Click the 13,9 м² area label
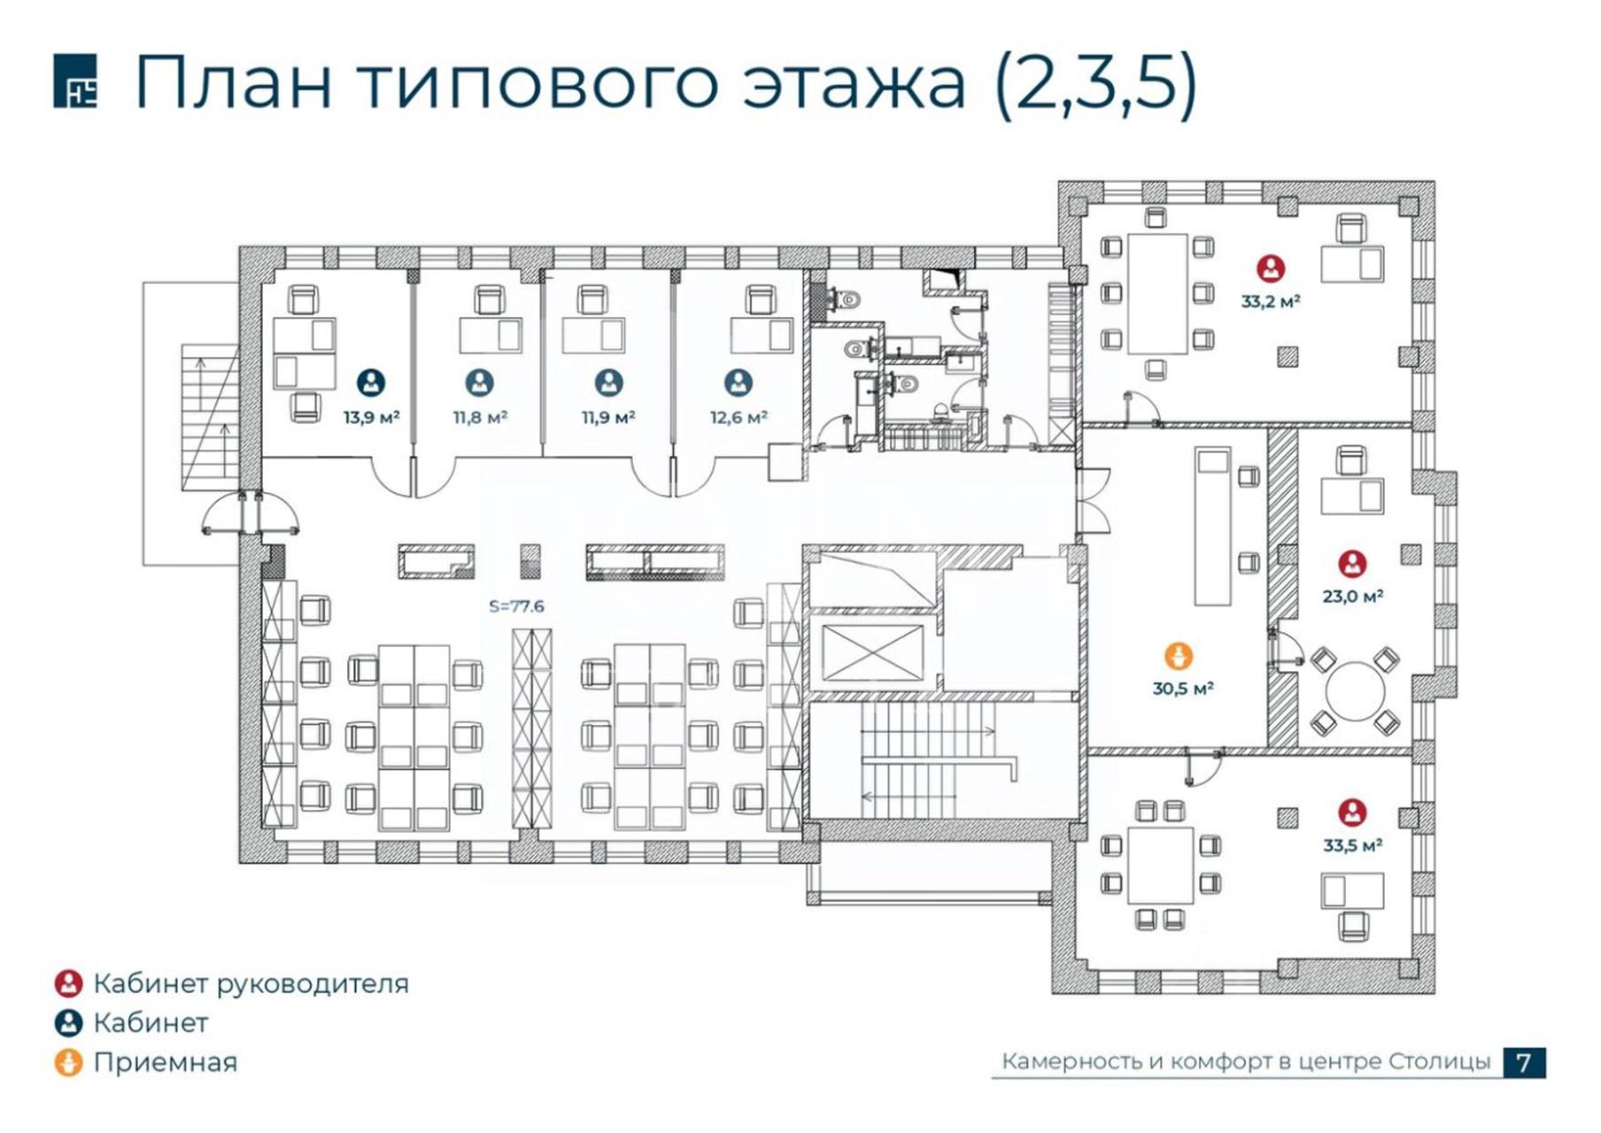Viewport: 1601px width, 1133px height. (372, 417)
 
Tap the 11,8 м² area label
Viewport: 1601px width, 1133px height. (480, 417)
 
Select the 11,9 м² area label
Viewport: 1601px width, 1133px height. (608, 417)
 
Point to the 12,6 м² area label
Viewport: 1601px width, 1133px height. (739, 417)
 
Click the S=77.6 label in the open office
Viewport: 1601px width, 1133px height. (516, 606)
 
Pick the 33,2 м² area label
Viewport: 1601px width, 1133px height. (1271, 301)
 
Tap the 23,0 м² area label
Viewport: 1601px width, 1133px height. (1353, 597)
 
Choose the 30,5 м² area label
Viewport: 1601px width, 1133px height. (1182, 688)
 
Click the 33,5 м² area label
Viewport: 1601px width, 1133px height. (1353, 845)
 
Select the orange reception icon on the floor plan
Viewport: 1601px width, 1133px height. (1179, 656)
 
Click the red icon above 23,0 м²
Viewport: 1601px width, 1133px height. (1352, 564)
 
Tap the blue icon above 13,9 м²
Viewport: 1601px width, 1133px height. (371, 382)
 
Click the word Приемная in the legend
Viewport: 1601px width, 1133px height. (166, 1062)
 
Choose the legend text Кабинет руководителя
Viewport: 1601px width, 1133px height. (251, 984)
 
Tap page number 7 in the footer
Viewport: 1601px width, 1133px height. (1524, 1062)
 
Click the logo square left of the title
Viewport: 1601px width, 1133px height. (75, 81)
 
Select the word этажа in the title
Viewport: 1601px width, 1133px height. (854, 84)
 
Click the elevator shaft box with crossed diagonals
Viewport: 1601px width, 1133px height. (872, 652)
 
